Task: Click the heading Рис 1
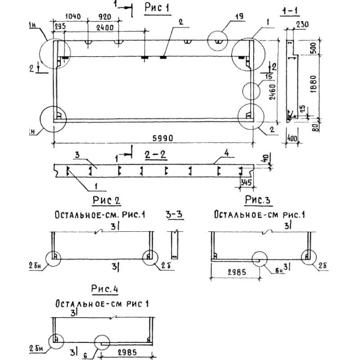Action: [158, 8]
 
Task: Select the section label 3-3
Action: [174, 215]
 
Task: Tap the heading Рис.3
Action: [260, 199]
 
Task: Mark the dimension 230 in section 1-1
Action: [302, 26]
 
